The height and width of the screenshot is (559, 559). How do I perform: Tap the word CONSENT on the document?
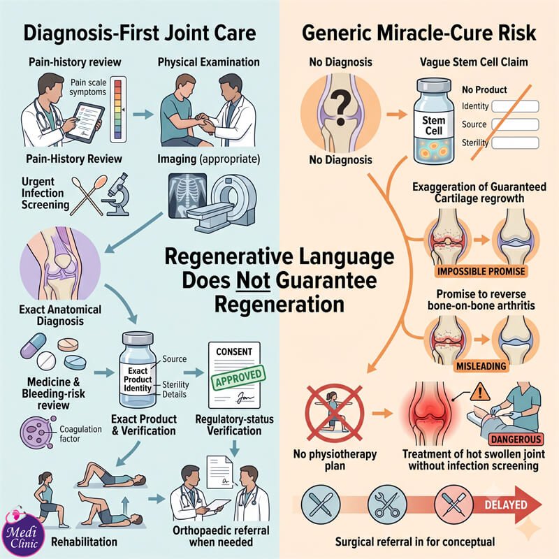tap(234, 352)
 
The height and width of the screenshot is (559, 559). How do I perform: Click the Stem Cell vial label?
tap(433, 126)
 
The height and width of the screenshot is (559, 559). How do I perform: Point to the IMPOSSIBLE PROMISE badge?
tap(481, 271)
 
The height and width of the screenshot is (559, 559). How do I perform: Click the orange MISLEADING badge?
tap(481, 366)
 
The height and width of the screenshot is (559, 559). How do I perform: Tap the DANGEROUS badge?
tap(516, 439)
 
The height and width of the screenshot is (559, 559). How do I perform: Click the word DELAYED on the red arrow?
tap(505, 504)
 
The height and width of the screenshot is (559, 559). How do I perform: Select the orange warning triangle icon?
tap(480, 391)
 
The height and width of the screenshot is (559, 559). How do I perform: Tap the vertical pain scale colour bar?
tap(118, 110)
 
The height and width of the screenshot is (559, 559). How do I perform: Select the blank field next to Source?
tap(515, 124)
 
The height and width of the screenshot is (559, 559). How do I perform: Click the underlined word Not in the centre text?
tap(253, 281)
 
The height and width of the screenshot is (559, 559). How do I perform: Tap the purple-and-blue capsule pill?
tap(33, 345)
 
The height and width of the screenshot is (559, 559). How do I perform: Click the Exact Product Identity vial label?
tap(138, 379)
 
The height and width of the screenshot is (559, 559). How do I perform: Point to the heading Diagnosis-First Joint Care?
tap(140, 33)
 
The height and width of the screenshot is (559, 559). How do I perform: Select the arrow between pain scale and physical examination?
tap(143, 115)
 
